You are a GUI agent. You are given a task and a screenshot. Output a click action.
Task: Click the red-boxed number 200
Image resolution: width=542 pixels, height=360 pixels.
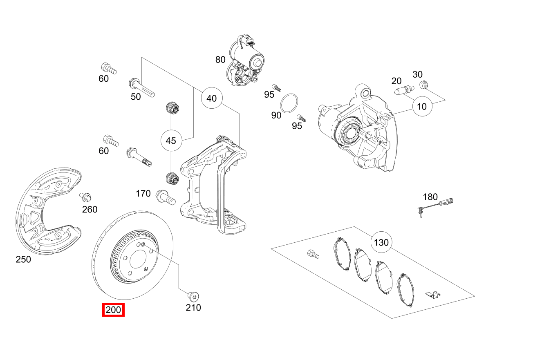113,310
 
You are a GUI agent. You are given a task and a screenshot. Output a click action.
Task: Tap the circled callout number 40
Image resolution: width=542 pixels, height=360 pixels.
211,98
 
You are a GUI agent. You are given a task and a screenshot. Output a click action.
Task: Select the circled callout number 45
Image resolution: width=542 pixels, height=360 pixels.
170,141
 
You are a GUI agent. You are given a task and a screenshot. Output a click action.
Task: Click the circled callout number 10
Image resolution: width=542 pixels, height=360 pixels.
422,106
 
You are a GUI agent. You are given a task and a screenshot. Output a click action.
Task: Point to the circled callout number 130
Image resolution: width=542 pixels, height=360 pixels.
381,242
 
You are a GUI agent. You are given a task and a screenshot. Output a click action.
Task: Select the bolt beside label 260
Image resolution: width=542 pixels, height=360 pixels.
85,198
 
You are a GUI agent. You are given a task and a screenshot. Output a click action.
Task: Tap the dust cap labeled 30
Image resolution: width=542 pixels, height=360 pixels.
424,85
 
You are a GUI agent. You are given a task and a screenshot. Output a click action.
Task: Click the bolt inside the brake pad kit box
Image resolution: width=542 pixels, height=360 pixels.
313,254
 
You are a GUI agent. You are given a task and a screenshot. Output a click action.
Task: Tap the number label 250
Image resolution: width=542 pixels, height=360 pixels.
23,259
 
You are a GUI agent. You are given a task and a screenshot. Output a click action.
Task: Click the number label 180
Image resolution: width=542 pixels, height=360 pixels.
430,197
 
